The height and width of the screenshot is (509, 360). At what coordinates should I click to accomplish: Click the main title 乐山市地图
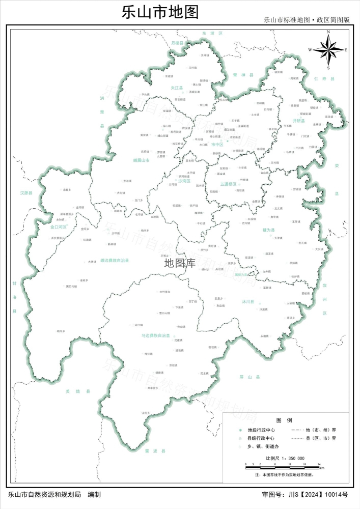(x=160, y=12)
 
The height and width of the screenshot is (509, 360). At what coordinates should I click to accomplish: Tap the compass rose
(x=328, y=49)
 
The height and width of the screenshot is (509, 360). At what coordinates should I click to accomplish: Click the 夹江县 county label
(x=177, y=88)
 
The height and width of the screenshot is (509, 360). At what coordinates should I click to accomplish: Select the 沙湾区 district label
(x=184, y=181)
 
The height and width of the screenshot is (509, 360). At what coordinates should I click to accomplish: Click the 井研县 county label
(x=298, y=121)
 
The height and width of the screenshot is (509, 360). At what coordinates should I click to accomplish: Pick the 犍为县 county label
(x=269, y=230)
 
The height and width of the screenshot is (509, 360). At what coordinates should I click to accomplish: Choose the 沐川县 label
(x=248, y=301)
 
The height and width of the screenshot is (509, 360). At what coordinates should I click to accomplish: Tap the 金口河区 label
(x=59, y=227)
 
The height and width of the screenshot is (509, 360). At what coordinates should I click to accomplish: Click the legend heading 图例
(x=284, y=420)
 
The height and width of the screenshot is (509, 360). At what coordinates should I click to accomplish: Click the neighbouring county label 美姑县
(x=77, y=391)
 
